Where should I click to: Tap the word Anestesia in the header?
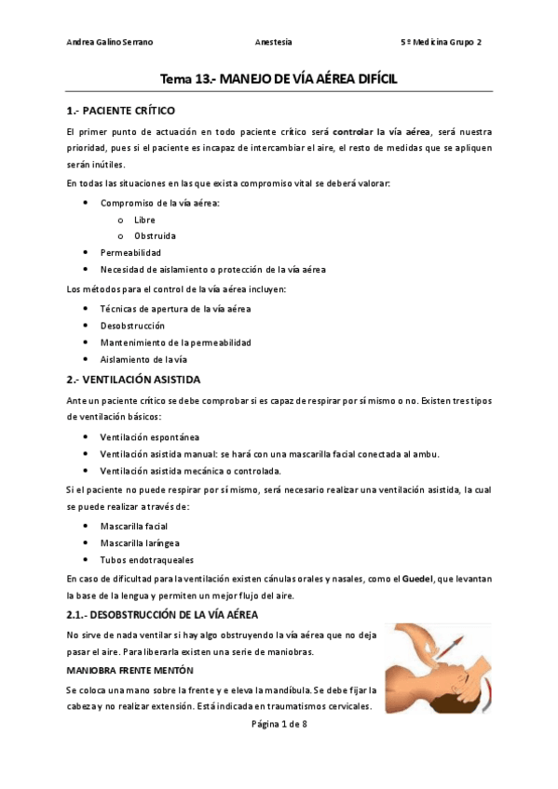pos(273,42)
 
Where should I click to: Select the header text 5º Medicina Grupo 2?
pos(440,42)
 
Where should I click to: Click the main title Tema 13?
pos(279,79)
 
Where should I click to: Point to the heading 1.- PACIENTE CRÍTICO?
pos(121,111)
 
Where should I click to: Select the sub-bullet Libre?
pos(144,220)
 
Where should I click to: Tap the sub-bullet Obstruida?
pos(154,235)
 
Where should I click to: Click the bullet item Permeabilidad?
pos(130,252)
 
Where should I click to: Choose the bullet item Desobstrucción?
pos(132,325)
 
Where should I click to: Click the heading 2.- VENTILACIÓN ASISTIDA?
pos(133,380)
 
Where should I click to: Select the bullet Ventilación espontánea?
pos(149,436)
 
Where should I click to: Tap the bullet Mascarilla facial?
pos(134,526)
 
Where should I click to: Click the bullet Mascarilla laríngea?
pos(140,542)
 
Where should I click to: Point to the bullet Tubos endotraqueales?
pos(147,558)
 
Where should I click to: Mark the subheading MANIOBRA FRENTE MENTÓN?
pos(129,669)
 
